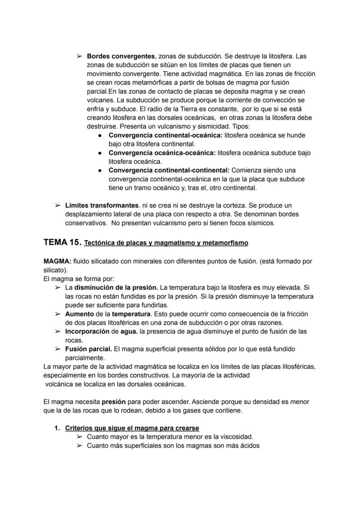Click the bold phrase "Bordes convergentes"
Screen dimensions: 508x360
pyautogui.click(x=121, y=56)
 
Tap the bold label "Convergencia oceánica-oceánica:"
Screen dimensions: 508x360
pyautogui.click(x=162, y=153)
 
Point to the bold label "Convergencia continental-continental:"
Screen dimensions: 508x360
pyautogui.click(x=170, y=170)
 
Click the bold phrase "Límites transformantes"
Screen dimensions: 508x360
pyautogui.click(x=102, y=205)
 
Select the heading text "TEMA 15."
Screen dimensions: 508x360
pyautogui.click(x=62, y=242)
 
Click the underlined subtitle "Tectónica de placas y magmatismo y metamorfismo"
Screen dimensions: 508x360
pyautogui.click(x=166, y=243)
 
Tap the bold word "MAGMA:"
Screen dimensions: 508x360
pyautogui.click(x=57, y=262)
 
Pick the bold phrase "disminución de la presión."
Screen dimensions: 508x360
pyautogui.click(x=116, y=288)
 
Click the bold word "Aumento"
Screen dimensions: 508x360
pyautogui.click(x=79, y=314)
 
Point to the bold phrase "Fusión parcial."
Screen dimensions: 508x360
pyautogui.click(x=88, y=349)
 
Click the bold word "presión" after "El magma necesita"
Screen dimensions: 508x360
pyautogui.click(x=114, y=402)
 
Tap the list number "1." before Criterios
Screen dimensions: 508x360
pyautogui.click(x=57, y=428)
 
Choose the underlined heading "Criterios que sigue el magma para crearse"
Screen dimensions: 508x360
pyautogui.click(x=132, y=428)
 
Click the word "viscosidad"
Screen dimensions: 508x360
pyautogui.click(x=237, y=437)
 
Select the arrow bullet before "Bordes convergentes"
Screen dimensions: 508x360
pyautogui.click(x=79, y=56)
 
